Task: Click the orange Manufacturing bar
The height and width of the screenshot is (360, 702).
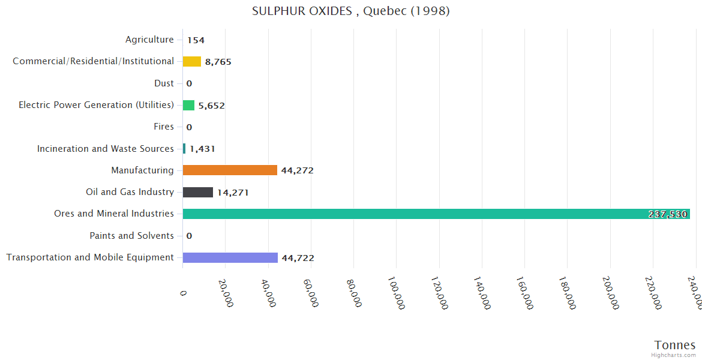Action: tap(230, 170)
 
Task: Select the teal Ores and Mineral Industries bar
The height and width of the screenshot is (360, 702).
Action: tap(436, 214)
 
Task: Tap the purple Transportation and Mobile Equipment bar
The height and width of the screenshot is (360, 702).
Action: tap(230, 257)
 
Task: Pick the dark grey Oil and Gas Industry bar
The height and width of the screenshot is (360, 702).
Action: tap(198, 192)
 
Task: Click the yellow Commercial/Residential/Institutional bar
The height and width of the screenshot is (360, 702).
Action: tap(192, 61)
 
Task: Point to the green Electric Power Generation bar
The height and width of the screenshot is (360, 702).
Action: tap(189, 105)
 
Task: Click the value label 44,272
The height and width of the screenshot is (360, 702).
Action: tap(297, 170)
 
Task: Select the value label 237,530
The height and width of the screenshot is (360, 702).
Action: tap(667, 214)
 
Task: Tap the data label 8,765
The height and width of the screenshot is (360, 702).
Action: tap(218, 62)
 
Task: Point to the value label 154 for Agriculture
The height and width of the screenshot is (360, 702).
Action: tap(196, 40)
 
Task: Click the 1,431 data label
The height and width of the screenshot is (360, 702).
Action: tap(202, 149)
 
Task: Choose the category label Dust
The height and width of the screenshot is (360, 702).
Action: tap(164, 83)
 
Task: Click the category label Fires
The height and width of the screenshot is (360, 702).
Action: tap(164, 127)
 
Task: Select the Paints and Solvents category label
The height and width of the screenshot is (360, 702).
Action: tap(131, 236)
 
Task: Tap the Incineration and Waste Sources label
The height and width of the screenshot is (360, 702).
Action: tap(105, 149)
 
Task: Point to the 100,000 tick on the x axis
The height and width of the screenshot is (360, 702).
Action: tap(397, 293)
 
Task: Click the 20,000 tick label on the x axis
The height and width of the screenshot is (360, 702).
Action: tap(226, 293)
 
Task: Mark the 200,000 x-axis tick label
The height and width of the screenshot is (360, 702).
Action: tap(610, 293)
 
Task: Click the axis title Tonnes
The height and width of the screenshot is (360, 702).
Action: tap(674, 345)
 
